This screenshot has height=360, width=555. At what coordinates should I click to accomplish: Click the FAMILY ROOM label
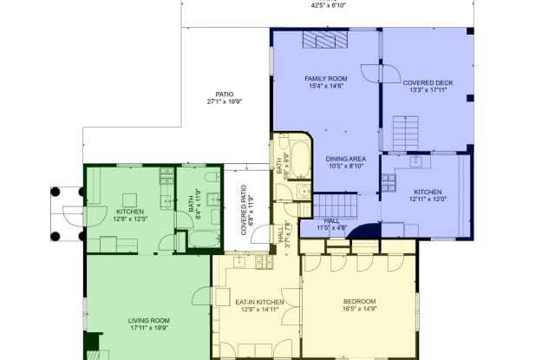point(325,82)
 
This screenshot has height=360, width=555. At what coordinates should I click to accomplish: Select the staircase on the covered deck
point(405,132)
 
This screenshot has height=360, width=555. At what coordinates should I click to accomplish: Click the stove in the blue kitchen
point(388,181)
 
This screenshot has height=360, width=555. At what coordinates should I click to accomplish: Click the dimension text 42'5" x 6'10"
point(329,4)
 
